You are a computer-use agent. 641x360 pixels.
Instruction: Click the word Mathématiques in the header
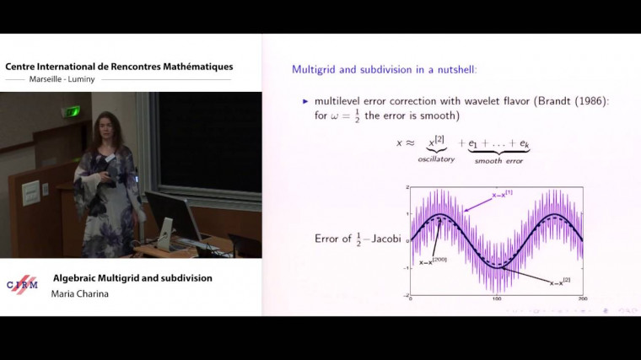coord(192,67)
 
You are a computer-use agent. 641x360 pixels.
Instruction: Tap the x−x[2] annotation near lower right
coord(563,282)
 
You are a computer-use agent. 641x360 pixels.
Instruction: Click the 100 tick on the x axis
coord(497,300)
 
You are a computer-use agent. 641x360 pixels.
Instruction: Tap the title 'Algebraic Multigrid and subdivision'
coord(132,277)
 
